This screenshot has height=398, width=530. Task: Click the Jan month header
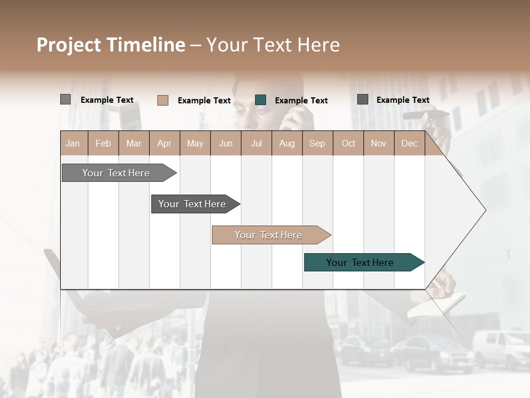pyautogui.click(x=73, y=143)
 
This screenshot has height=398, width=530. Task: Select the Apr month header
pyautogui.click(x=165, y=143)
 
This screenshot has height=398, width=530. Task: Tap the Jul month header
pyautogui.click(x=256, y=143)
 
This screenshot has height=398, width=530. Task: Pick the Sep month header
pyautogui.click(x=317, y=143)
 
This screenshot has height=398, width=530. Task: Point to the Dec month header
pyautogui.click(x=409, y=143)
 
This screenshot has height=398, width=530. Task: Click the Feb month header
pyautogui.click(x=103, y=143)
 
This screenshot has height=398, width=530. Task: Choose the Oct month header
pyautogui.click(x=348, y=143)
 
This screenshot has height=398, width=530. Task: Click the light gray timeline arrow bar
pyautogui.click(x=116, y=173)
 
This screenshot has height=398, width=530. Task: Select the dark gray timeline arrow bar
pyautogui.click(x=192, y=204)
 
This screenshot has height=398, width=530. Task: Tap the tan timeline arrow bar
pyautogui.click(x=268, y=235)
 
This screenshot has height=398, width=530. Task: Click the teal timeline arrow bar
pyautogui.click(x=360, y=263)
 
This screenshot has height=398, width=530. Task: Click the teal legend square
pyautogui.click(x=261, y=99)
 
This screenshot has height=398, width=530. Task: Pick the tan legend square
pyautogui.click(x=163, y=100)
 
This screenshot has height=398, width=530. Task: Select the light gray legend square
pyautogui.click(x=65, y=99)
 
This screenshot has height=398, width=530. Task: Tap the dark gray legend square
pyautogui.click(x=363, y=99)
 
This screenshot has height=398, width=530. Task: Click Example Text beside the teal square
pyautogui.click(x=301, y=100)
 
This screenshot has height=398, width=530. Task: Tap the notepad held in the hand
pyautogui.click(x=442, y=307)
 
